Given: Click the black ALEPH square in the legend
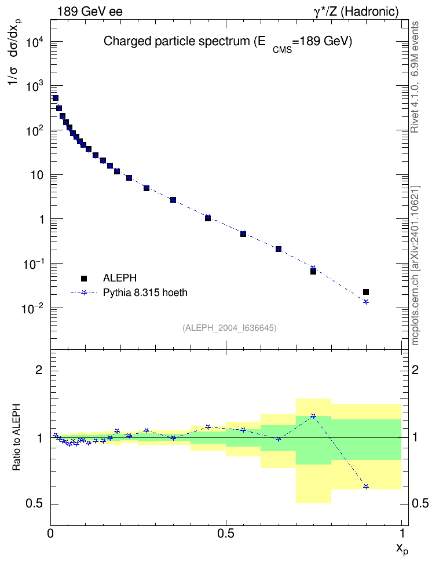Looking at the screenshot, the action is tap(84, 278).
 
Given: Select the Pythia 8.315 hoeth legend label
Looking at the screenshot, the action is tap(145, 293).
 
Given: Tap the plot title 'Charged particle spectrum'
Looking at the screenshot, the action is tap(176, 41).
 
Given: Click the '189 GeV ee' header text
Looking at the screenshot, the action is tap(90, 12).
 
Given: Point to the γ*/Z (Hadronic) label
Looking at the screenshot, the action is tap(356, 12).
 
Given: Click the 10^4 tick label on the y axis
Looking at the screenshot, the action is tap(35, 43).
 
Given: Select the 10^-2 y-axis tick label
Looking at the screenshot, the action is tap(33, 309).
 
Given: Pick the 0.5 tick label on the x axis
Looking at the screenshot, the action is tap(225, 533).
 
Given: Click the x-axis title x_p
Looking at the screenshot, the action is tap(402, 549).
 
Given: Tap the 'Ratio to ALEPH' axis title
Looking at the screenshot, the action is tap(16, 437).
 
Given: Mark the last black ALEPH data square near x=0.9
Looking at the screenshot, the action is tap(366, 292).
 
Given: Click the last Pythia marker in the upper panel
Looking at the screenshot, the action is tap(366, 302).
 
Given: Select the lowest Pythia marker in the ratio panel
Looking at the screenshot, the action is tap(366, 487).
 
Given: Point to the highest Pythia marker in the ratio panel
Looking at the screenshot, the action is tap(313, 416).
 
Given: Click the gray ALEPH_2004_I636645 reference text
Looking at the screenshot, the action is tap(229, 328).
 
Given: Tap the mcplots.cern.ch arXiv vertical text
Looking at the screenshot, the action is tap(415, 266).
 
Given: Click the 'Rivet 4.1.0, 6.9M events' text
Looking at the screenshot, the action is tap(415, 77).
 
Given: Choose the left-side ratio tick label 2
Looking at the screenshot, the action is tap(39, 370).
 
